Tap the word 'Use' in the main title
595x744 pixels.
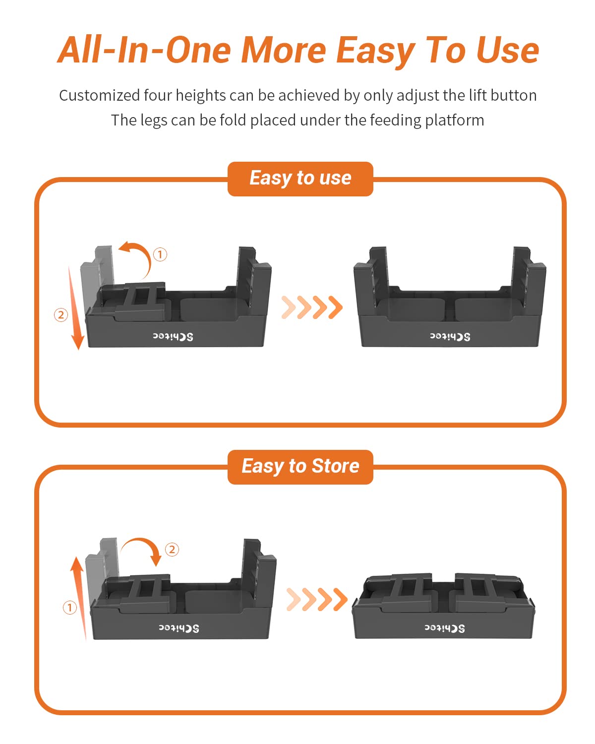click(507, 51)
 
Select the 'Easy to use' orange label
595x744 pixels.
click(300, 179)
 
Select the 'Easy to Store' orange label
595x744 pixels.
click(300, 467)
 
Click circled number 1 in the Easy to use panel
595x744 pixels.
click(160, 254)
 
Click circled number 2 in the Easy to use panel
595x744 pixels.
click(61, 314)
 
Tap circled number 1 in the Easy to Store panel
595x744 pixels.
click(70, 607)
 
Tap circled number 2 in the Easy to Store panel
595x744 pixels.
click(172, 549)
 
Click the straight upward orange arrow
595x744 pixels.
click(79, 595)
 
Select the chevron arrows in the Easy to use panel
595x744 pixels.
click(312, 307)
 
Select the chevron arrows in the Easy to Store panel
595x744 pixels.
click(317, 599)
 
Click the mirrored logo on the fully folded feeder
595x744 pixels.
click(444, 628)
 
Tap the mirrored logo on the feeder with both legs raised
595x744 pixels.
click(450, 337)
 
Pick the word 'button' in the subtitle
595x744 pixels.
click(513, 95)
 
